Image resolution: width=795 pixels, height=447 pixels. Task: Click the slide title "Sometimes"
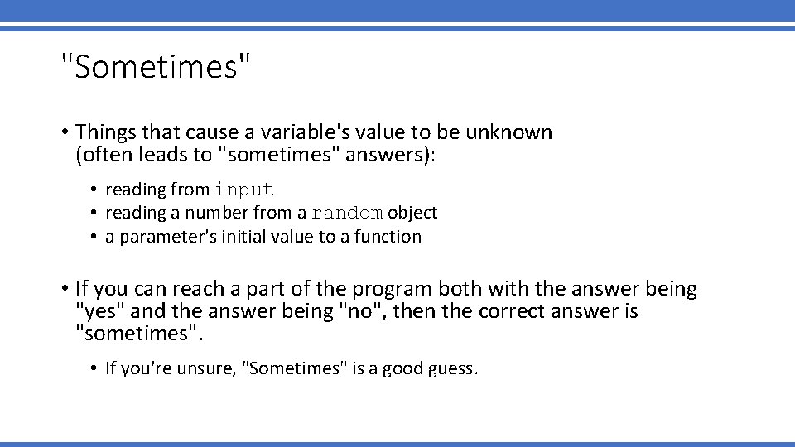[x=155, y=67]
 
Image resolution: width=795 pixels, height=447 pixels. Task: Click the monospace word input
[x=243, y=190]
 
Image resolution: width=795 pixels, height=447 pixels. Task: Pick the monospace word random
[x=347, y=214]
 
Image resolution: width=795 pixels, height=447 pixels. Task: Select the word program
[x=393, y=290]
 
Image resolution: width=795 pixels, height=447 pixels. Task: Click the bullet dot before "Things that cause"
[x=64, y=133]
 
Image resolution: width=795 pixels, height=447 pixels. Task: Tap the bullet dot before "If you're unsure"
[x=94, y=368]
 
